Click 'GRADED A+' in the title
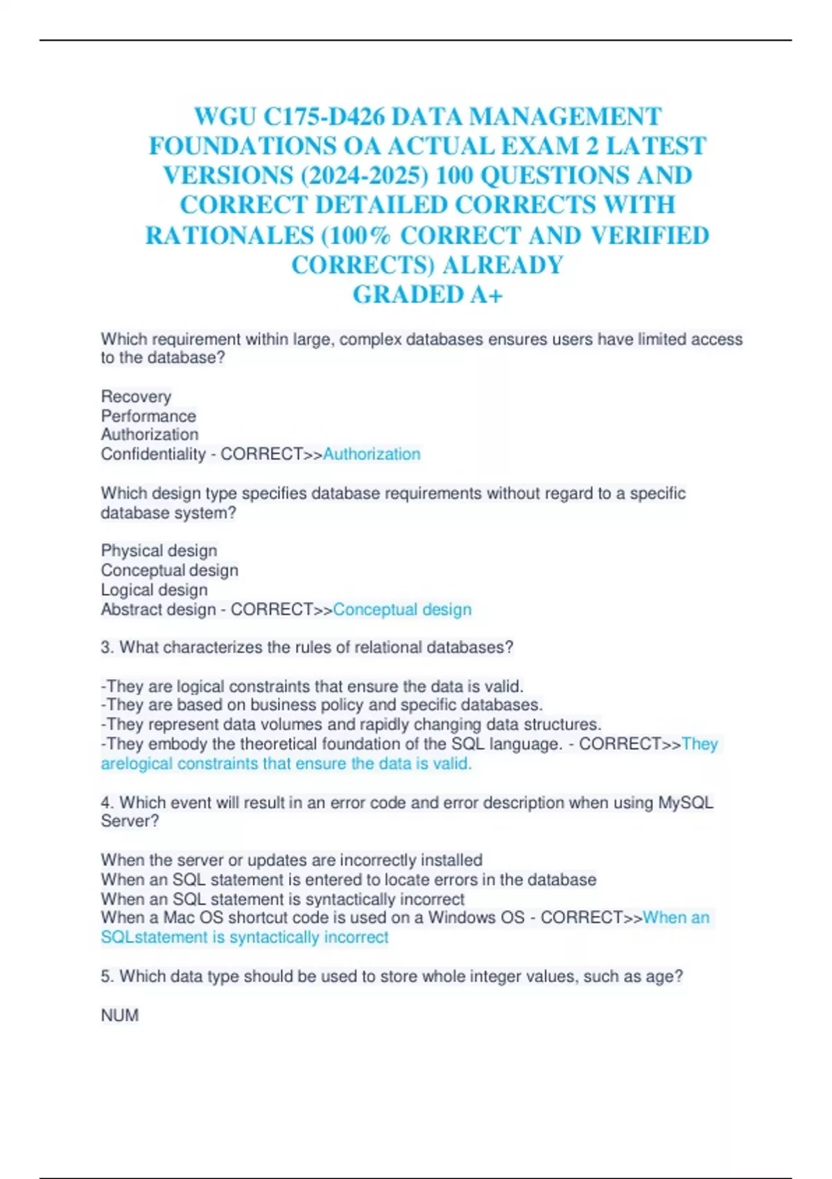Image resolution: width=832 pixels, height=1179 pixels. click(428, 295)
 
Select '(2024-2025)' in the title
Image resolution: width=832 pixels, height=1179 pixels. click(364, 175)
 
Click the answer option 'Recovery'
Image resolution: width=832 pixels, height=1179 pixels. click(136, 397)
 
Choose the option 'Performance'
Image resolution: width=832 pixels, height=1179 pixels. click(148, 416)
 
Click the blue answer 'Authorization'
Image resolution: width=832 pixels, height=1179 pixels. click(372, 454)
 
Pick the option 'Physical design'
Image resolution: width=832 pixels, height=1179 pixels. click(159, 551)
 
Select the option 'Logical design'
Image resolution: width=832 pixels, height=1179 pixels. click(154, 589)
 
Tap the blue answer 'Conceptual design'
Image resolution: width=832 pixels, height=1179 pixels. click(402, 610)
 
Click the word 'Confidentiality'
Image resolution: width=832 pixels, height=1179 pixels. click(153, 454)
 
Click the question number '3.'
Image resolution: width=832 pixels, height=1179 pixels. click(107, 648)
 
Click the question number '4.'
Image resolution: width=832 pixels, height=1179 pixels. click(107, 803)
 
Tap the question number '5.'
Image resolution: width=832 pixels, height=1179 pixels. click(107, 976)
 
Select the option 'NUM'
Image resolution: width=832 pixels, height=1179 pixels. click(120, 1015)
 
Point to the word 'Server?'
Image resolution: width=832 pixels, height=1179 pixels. click(130, 821)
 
